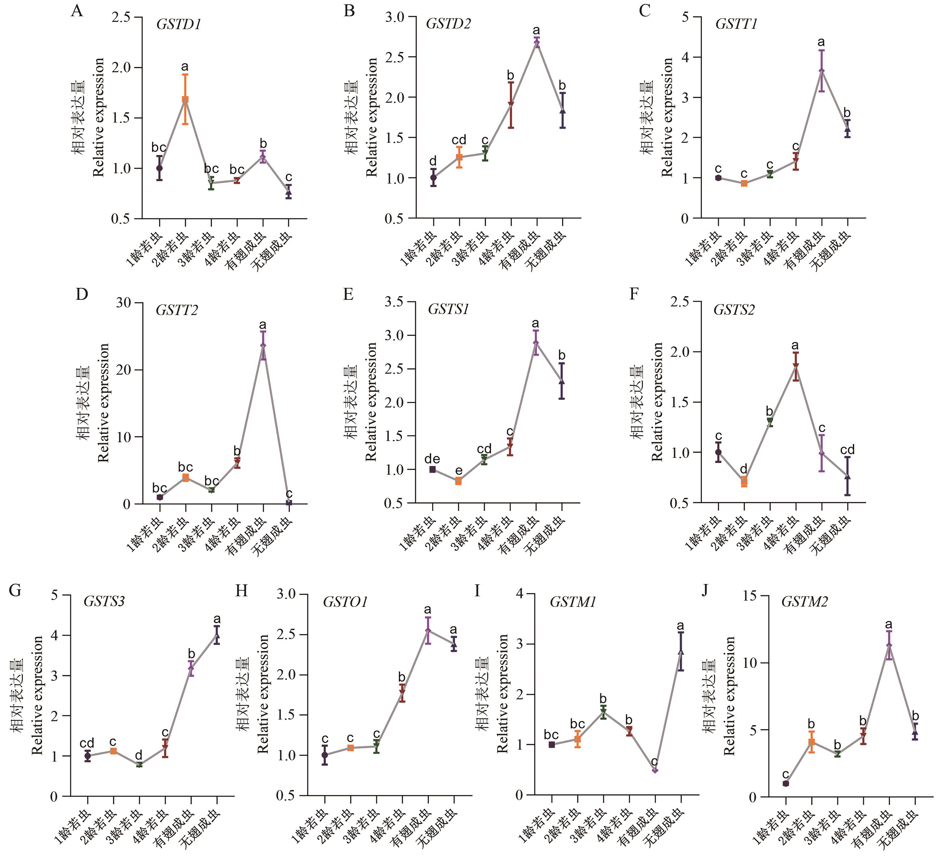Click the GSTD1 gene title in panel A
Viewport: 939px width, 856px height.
point(179,24)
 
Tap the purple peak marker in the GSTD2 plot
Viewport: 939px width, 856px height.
point(537,43)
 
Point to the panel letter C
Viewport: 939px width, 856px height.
point(645,10)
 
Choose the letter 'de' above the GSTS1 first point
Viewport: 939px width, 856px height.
point(432,459)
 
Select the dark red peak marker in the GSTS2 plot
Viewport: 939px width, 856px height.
point(796,366)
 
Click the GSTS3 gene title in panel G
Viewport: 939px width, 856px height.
point(104,601)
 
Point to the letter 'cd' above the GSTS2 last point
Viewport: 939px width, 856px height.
point(847,450)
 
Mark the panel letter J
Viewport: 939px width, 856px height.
point(705,591)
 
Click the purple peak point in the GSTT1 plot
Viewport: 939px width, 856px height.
point(822,71)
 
